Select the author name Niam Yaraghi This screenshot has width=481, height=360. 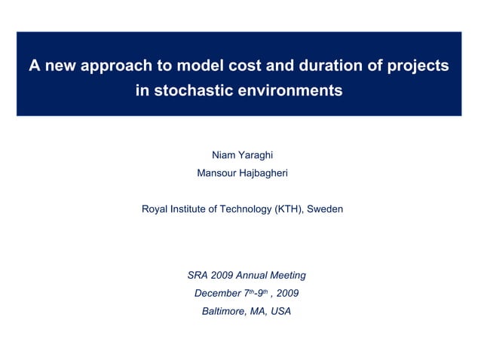[242, 155]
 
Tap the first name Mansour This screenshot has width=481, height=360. [216, 173]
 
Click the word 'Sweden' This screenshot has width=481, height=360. [326, 209]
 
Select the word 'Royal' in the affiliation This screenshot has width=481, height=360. [155, 209]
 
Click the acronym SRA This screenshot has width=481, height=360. [198, 276]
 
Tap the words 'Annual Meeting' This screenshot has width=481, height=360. [272, 276]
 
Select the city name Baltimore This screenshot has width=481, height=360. [225, 312]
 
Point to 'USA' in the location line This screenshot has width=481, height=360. [280, 312]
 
